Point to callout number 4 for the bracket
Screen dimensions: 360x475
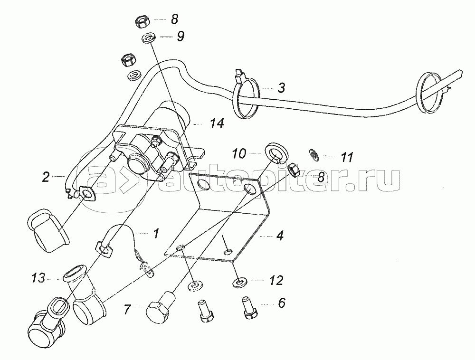coord(280,236)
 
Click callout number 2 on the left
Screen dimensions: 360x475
coord(46,178)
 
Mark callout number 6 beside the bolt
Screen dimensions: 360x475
coord(282,302)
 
